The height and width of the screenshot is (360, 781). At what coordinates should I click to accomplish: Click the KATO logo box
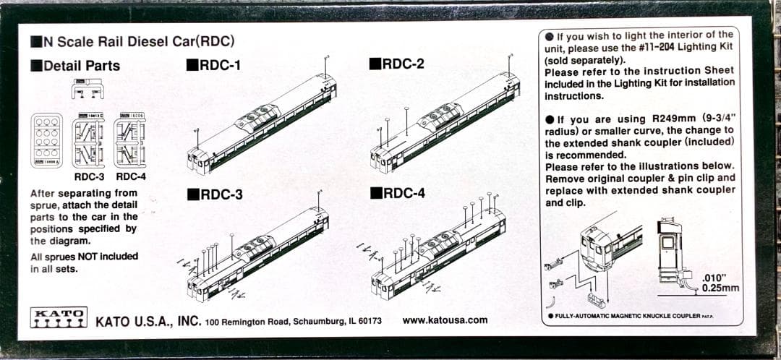pyautogui.click(x=59, y=317)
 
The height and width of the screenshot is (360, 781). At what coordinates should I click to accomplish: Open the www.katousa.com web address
pyautogui.click(x=445, y=320)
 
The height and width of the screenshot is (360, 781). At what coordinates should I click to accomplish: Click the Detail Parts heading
pyautogui.click(x=75, y=65)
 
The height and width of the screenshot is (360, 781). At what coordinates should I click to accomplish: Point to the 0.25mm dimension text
pyautogui.click(x=721, y=288)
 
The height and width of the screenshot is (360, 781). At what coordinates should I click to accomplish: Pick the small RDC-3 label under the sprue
pyautogui.click(x=89, y=176)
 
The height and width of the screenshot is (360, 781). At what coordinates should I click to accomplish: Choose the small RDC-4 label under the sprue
pyautogui.click(x=131, y=176)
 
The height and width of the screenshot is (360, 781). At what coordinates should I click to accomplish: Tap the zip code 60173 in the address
pyautogui.click(x=367, y=321)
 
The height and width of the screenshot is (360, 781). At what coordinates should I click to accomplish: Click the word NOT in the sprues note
pyautogui.click(x=80, y=257)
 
